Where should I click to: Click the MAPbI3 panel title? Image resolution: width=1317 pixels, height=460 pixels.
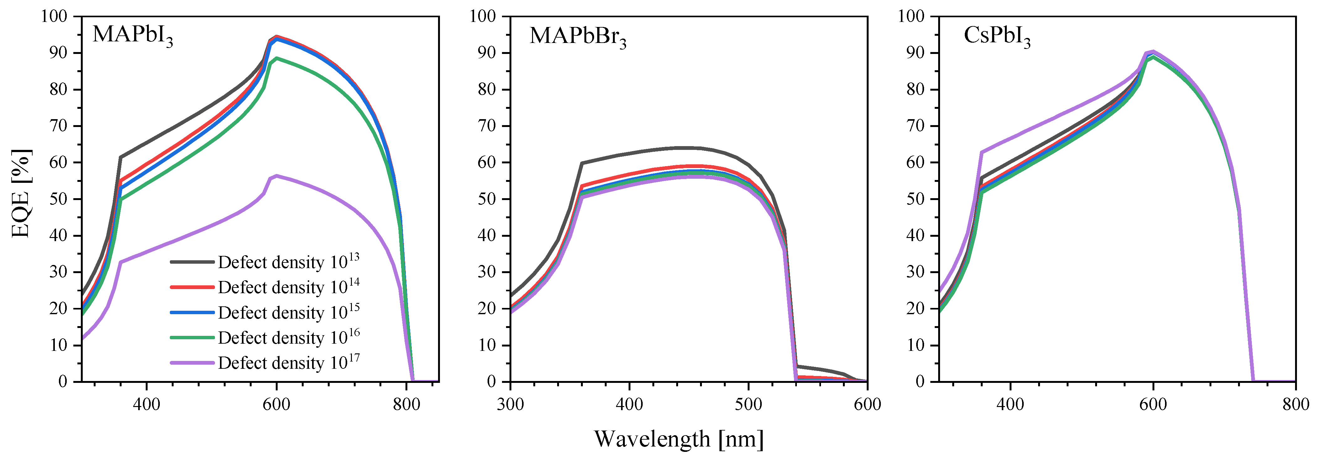coord(133,35)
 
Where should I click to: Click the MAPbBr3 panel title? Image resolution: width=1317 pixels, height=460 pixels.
coord(578,37)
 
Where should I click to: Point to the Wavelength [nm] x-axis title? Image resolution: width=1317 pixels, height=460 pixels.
coord(678,439)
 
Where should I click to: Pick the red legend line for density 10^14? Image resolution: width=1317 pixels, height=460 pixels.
coord(192,287)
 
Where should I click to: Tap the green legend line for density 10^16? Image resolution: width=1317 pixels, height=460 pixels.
coord(192,338)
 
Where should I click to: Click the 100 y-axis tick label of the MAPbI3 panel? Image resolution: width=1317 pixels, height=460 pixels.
coord(54,16)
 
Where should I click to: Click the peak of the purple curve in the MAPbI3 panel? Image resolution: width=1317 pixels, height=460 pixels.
coord(277,176)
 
